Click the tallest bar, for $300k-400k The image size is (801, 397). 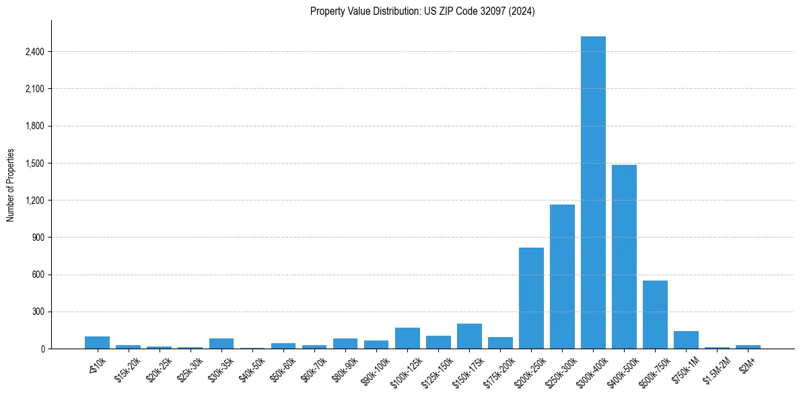[x=593, y=192]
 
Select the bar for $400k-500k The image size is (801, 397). [x=624, y=256]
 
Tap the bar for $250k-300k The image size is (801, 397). [x=562, y=277]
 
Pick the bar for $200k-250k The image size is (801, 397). [x=531, y=298]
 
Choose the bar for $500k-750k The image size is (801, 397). [x=655, y=314]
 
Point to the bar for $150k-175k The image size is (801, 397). [x=469, y=336]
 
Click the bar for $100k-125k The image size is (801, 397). [x=407, y=338]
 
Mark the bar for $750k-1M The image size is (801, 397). [x=686, y=340]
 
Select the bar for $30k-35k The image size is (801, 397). [x=221, y=343]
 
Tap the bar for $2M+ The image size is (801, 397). [x=748, y=347]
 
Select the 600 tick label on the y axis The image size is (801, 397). [x=38, y=275]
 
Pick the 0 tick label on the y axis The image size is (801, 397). [x=42, y=349]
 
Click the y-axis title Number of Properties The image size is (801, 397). [x=11, y=185]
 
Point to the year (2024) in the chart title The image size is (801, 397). [x=522, y=11]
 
